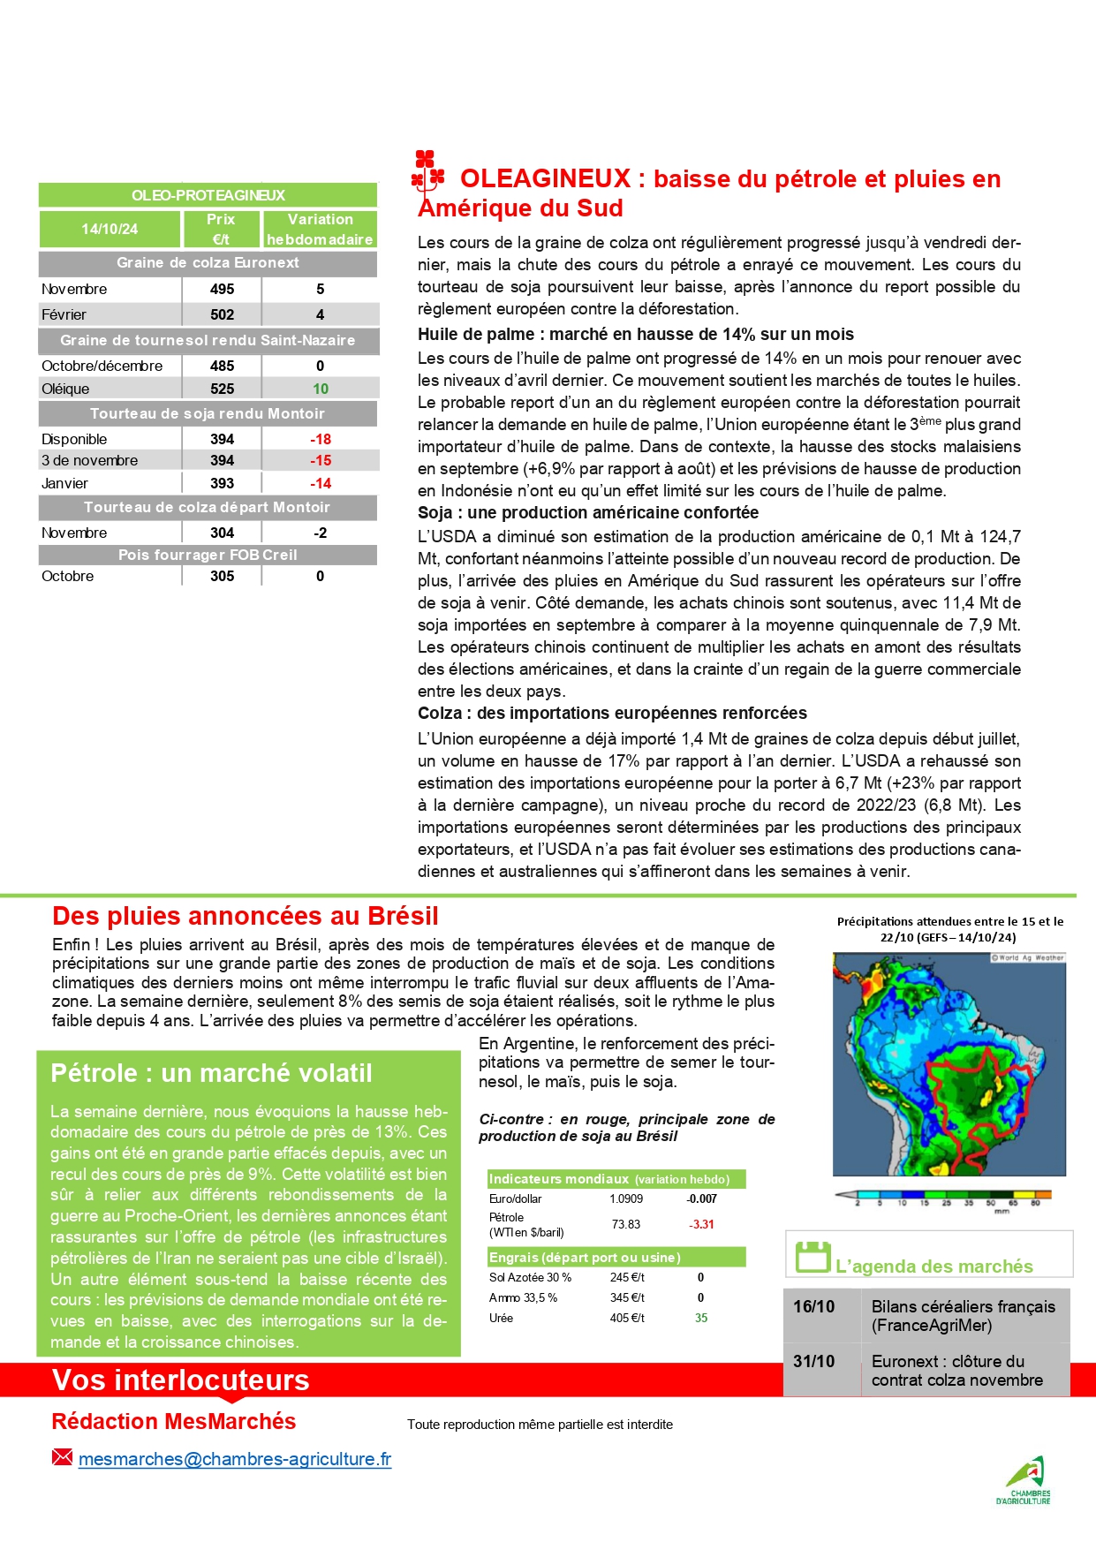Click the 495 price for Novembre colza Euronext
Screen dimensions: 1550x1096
tap(222, 289)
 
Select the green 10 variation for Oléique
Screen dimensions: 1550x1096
tap(320, 389)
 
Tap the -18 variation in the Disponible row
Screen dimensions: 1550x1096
tap(320, 439)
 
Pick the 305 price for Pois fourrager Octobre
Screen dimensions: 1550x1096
tap(222, 576)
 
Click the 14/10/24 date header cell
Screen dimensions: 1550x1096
tap(110, 229)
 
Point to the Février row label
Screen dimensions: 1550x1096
tap(64, 314)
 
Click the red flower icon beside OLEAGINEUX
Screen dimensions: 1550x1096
tap(428, 172)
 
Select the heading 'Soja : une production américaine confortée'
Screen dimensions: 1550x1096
tap(587, 513)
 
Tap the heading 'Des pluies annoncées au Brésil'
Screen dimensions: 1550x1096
tap(245, 916)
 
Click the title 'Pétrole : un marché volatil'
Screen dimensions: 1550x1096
tap(211, 1073)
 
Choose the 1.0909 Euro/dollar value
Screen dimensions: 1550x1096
tap(626, 1198)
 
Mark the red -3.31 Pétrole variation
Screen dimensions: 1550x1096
tap(701, 1224)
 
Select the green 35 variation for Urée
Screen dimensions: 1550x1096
tap(701, 1318)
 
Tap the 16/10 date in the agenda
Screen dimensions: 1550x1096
tap(813, 1306)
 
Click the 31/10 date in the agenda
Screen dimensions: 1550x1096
tap(813, 1361)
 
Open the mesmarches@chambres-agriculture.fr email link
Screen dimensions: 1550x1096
tap(234, 1459)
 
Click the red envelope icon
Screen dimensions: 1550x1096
tap(62, 1457)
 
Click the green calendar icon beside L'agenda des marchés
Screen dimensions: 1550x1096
tap(813, 1257)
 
